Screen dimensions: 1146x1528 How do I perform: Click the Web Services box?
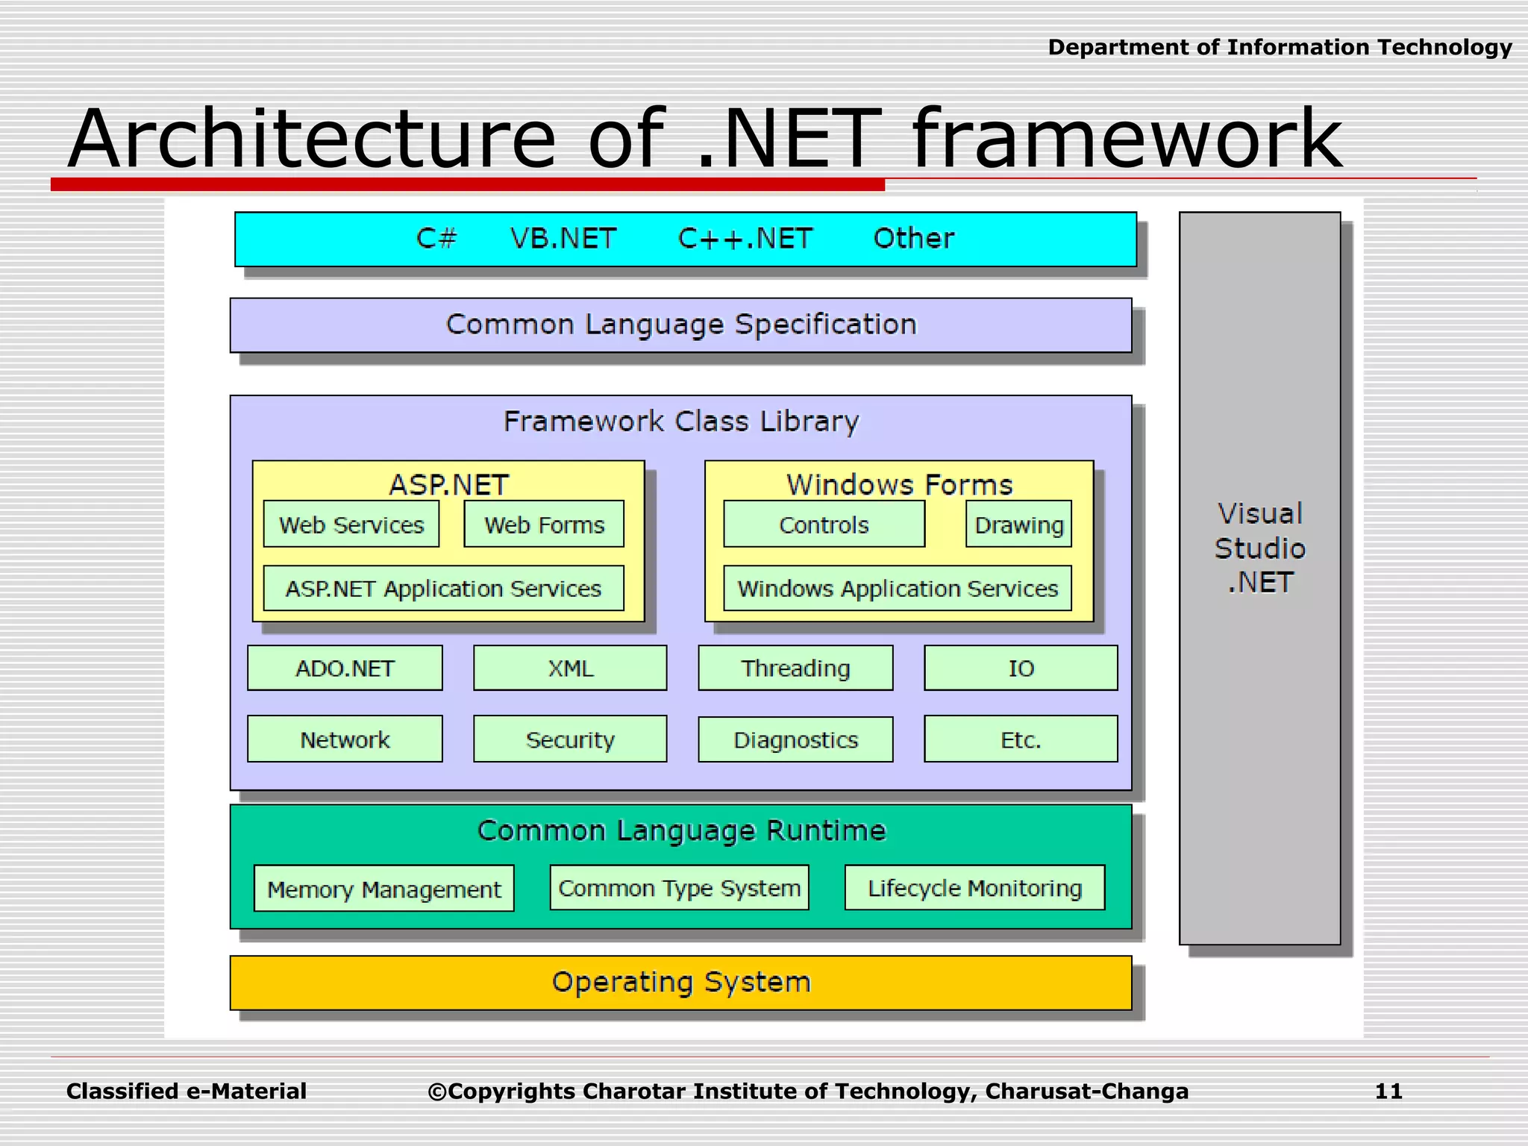(351, 525)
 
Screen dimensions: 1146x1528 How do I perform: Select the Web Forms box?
(544, 525)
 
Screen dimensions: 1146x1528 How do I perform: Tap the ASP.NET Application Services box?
(443, 589)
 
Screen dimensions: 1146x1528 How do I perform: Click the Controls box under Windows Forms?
(824, 525)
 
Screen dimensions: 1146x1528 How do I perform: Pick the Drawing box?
(1018, 525)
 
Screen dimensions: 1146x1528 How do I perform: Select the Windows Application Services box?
(898, 589)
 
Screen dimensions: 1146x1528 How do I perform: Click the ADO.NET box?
(345, 668)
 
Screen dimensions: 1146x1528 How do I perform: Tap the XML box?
(570, 668)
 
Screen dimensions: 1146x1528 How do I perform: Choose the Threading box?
(795, 668)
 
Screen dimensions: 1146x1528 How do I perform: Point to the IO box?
(1021, 668)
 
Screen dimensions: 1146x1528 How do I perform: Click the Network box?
(345, 739)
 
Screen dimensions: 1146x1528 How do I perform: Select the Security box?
(570, 739)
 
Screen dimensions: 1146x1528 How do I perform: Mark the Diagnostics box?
(795, 739)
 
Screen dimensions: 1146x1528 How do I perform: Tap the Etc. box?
(1021, 739)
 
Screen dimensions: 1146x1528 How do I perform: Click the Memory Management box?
(383, 889)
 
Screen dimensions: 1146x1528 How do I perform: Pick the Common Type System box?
(679, 888)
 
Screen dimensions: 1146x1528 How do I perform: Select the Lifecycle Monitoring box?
(974, 888)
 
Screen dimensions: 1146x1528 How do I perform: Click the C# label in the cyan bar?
(436, 239)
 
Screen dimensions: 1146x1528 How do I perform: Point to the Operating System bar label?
(680, 982)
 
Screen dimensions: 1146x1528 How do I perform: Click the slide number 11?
(1388, 1091)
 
